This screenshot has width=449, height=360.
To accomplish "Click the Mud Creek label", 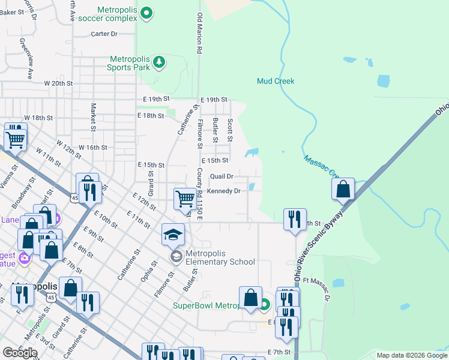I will [x=276, y=81].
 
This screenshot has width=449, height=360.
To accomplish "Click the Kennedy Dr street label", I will [x=223, y=191].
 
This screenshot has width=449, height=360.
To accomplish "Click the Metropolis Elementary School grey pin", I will [x=175, y=257].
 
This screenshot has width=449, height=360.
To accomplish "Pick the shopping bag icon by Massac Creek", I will [x=342, y=189].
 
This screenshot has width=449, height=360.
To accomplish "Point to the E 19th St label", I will [x=214, y=99].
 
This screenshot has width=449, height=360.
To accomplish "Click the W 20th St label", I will [x=58, y=83].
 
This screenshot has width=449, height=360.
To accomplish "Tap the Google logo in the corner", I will [x=20, y=353].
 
